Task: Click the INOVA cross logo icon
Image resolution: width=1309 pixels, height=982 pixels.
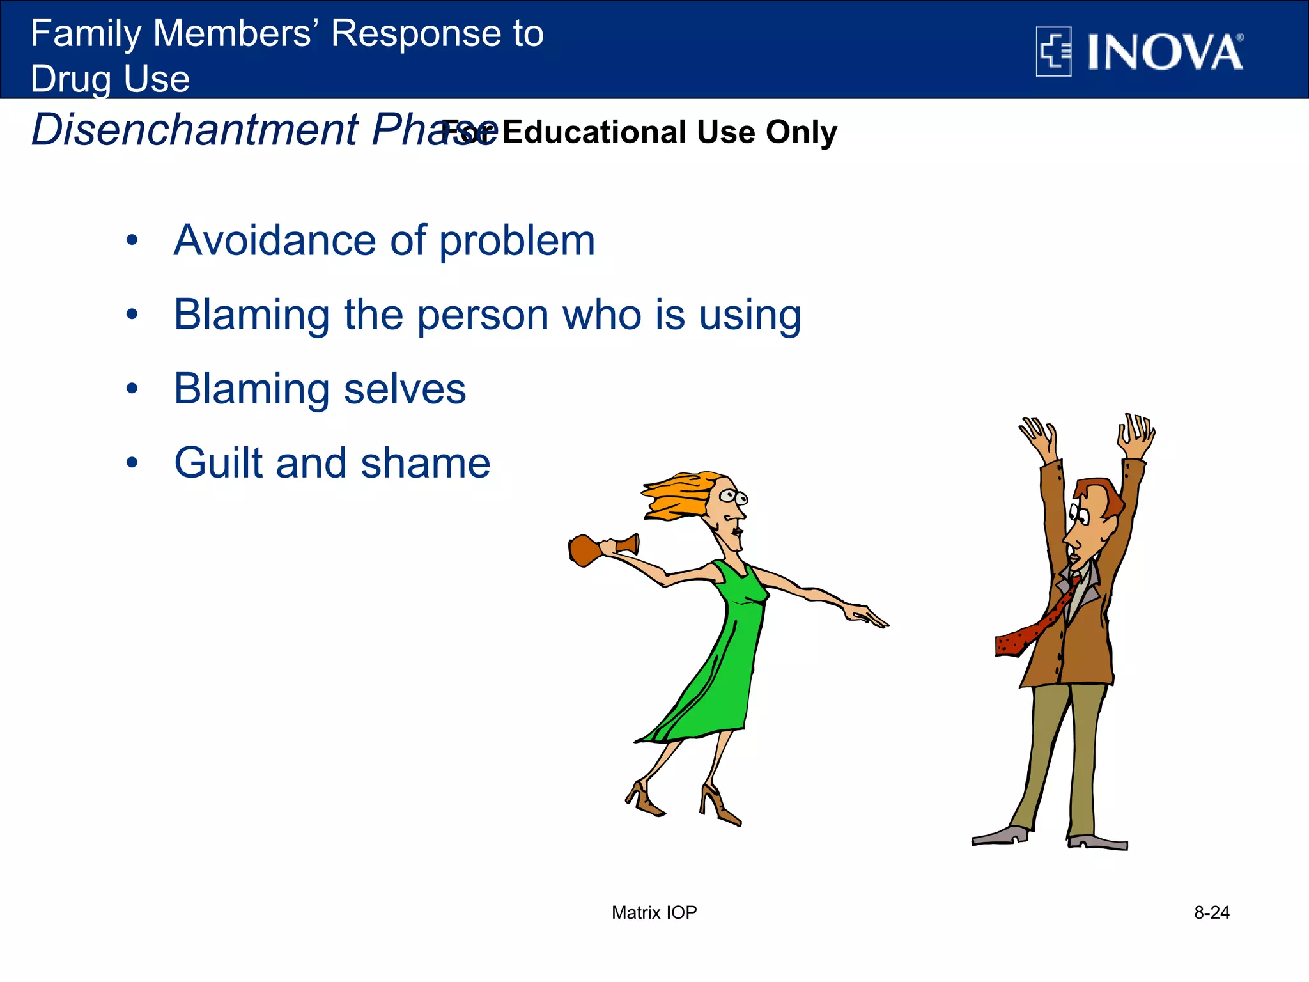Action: [1053, 52]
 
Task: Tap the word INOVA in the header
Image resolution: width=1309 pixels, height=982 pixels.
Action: [1165, 52]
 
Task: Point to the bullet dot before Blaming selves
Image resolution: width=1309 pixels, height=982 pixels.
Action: [132, 389]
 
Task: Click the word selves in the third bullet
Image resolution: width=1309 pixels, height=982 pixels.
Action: [405, 389]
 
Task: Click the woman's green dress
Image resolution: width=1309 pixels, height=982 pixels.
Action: [722, 665]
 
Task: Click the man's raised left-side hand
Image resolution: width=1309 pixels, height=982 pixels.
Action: [1039, 435]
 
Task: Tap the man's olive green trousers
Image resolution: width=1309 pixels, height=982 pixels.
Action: [1067, 754]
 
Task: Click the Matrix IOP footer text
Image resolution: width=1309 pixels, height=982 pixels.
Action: [654, 912]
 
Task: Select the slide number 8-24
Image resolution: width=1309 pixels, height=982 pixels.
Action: [1211, 912]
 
